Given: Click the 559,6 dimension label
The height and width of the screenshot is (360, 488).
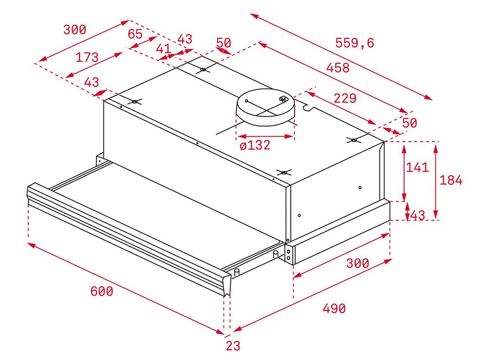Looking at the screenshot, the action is click(x=354, y=42).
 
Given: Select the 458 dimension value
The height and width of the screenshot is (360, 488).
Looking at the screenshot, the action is click(x=338, y=67).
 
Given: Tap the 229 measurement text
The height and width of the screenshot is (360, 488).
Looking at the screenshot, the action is click(x=345, y=98).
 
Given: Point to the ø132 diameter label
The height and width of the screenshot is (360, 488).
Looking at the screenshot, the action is click(x=255, y=145).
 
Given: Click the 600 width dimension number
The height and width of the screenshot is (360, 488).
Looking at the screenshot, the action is click(x=102, y=291).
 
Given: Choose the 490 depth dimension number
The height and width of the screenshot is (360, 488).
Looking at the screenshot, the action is click(x=334, y=308).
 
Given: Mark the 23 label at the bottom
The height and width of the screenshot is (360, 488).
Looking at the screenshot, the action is click(x=233, y=346).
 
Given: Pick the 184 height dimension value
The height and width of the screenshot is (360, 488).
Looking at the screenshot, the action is click(x=451, y=180).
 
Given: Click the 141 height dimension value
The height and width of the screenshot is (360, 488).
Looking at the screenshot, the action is click(x=417, y=167).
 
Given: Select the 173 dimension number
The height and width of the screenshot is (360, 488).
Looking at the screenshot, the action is click(x=87, y=57).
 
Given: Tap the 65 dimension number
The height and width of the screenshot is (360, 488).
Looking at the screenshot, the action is click(x=135, y=34).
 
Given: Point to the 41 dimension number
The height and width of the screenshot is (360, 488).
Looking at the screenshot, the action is click(x=163, y=49).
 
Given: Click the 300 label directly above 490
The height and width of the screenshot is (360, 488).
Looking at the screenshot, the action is click(x=358, y=263).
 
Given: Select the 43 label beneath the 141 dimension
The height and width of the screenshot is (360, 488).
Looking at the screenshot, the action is click(x=418, y=215).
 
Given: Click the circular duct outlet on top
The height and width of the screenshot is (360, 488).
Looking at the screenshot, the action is click(x=265, y=107).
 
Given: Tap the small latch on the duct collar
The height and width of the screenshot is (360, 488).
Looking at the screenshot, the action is click(x=284, y=99).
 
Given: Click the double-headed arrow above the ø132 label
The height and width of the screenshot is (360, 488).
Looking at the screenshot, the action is click(x=265, y=136).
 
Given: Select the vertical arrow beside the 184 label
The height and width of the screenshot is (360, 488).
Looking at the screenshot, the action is click(x=436, y=182).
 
